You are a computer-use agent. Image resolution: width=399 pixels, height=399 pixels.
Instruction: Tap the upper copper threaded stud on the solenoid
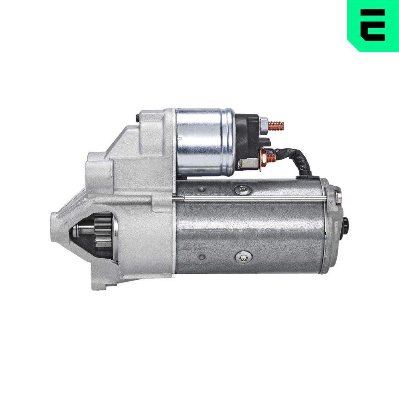click(x=276, y=126)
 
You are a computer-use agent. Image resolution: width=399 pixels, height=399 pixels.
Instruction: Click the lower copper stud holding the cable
click(x=271, y=158)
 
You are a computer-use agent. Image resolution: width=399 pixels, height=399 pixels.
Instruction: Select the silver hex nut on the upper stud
click(x=263, y=125)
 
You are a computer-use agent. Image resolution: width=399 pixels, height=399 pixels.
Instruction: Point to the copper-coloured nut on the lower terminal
click(x=263, y=157)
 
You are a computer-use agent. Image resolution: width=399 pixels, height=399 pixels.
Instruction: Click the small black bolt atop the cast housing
click(x=137, y=118)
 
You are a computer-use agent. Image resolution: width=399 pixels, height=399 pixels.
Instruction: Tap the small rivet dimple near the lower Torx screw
click(x=202, y=257)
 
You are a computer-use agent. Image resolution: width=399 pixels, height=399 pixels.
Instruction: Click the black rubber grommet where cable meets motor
click(x=307, y=175)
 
